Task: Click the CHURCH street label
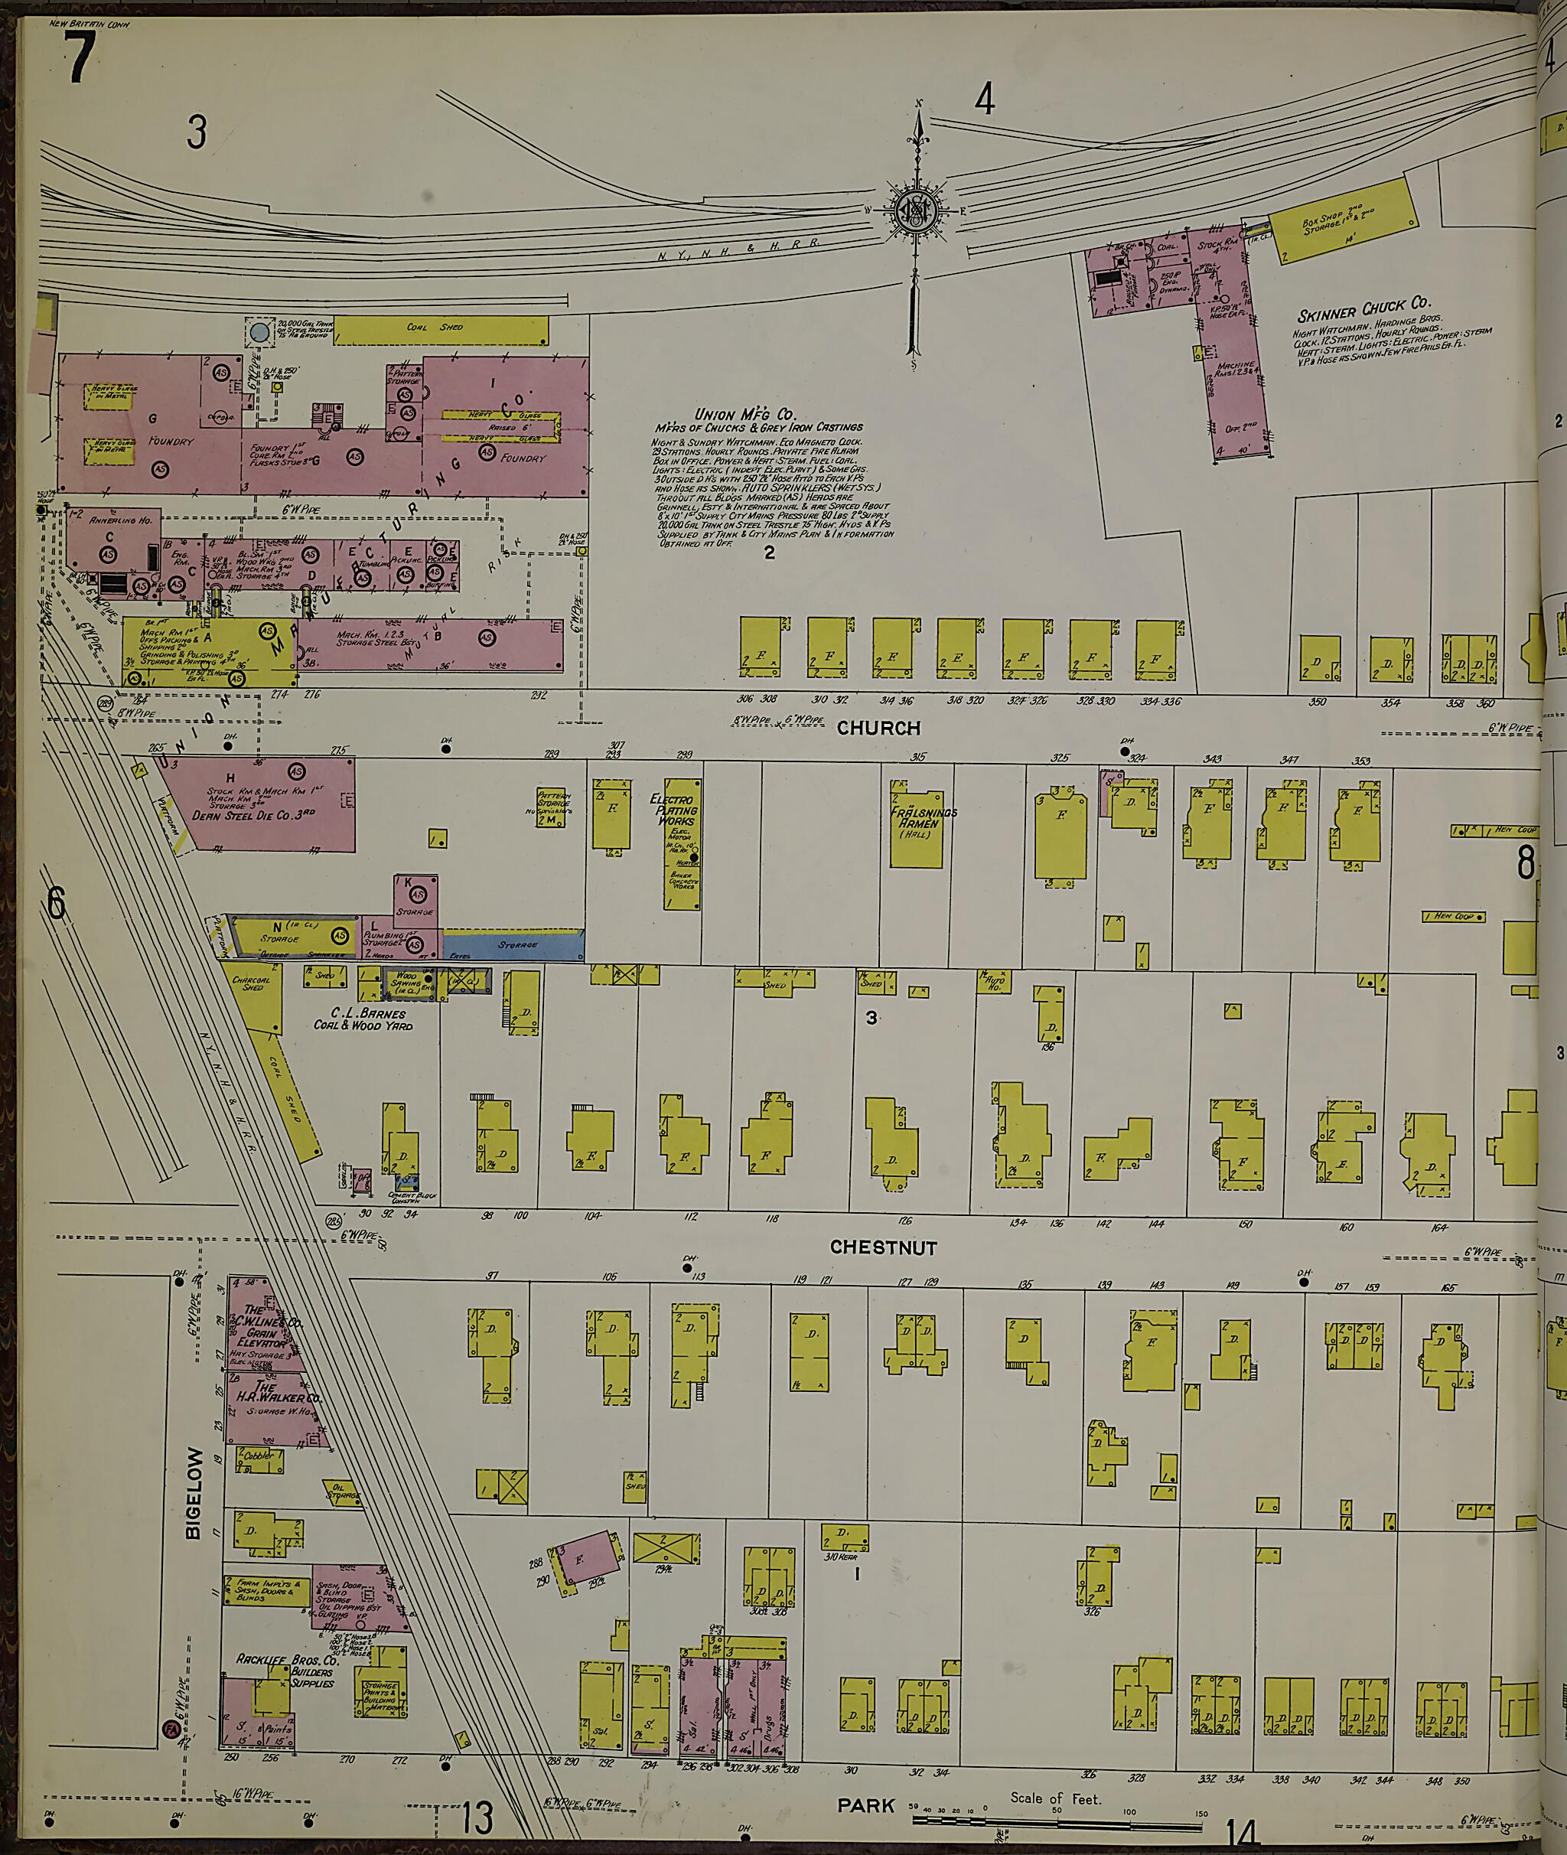tap(878, 729)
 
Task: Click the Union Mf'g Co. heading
tap(744, 414)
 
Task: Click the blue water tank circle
tap(259, 333)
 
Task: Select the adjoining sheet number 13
tap(476, 1818)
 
